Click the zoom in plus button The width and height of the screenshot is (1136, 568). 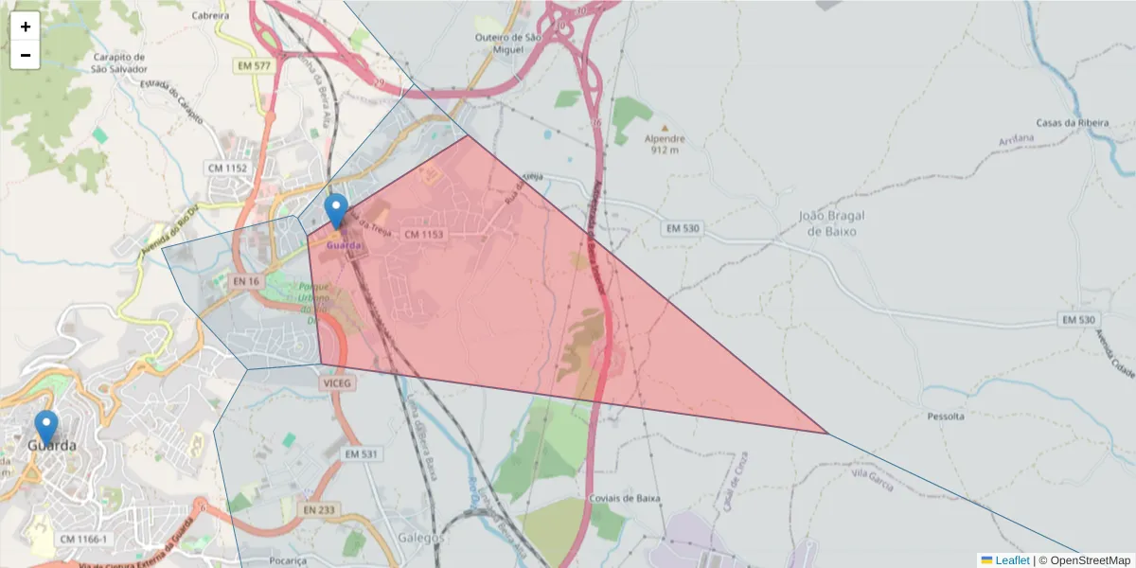[x=26, y=27]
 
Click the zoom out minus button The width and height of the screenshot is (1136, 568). [x=26, y=55]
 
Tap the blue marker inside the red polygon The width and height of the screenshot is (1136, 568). [x=335, y=210]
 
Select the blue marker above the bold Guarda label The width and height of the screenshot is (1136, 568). [x=45, y=426]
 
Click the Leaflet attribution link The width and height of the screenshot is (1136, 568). [x=1012, y=560]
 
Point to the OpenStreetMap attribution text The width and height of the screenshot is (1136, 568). [x=1090, y=560]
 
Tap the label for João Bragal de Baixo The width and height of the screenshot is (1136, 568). [x=832, y=222]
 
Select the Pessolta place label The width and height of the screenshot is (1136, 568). [x=945, y=416]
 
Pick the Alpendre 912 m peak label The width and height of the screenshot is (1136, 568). [x=664, y=142]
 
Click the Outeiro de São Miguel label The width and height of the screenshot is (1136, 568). [x=507, y=44]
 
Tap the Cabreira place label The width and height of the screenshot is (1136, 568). [x=209, y=16]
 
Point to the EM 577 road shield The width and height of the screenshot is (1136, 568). [x=256, y=66]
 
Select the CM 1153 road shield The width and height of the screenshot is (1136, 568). [x=423, y=233]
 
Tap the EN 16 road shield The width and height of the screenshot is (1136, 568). [x=245, y=281]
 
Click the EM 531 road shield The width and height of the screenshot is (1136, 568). [x=361, y=454]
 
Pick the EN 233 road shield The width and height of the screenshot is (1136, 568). [x=320, y=509]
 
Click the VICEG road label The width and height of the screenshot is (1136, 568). [x=336, y=383]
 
